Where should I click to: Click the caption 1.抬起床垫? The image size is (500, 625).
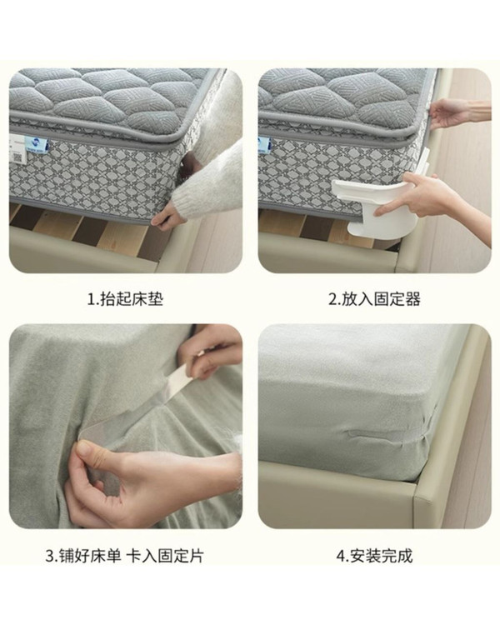(x=125, y=299)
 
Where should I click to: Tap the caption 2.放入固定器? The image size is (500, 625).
(x=374, y=299)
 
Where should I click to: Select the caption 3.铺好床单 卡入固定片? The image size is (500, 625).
(x=125, y=555)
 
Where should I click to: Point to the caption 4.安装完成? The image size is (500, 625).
(x=374, y=555)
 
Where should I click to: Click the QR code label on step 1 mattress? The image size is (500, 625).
(x=17, y=157)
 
